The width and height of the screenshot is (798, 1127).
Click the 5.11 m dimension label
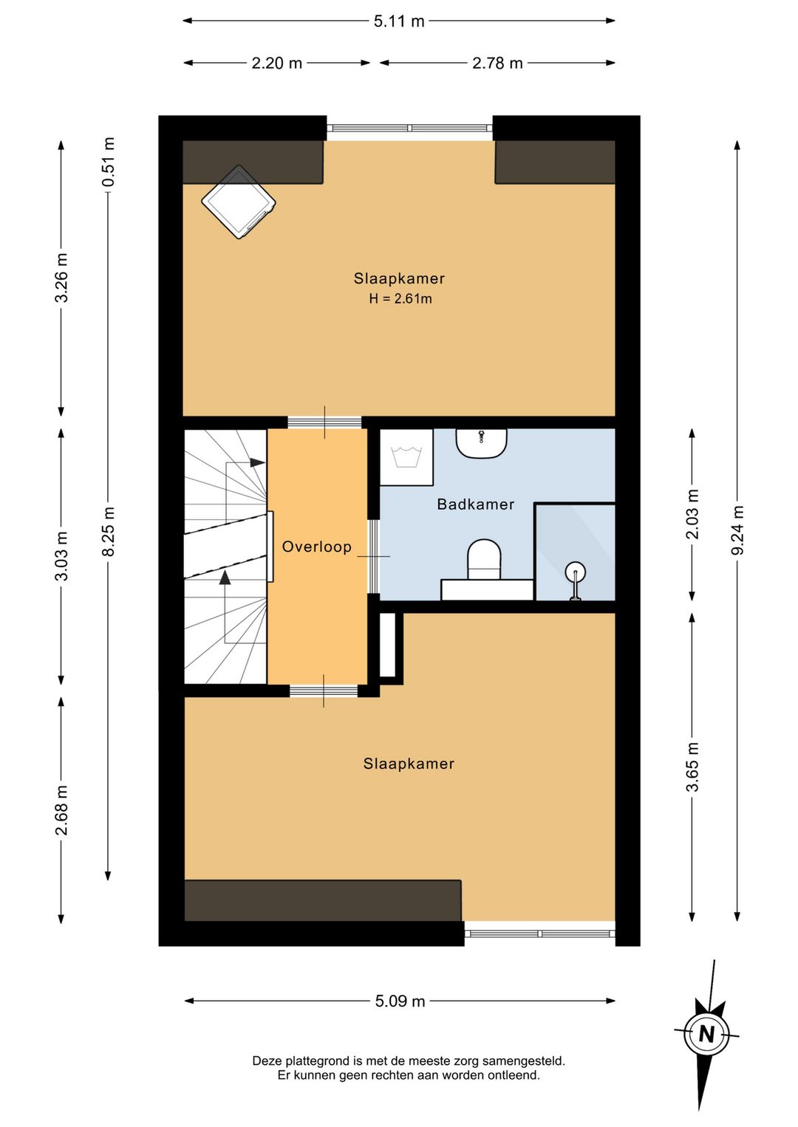(x=399, y=21)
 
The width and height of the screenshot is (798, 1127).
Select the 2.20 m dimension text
(x=276, y=64)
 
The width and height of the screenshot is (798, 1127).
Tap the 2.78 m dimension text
(x=497, y=64)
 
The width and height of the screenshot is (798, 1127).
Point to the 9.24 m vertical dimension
(x=737, y=530)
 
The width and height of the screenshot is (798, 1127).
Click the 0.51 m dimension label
(x=109, y=162)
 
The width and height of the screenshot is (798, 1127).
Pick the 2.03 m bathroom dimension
(x=693, y=514)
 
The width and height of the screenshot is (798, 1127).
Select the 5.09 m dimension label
(x=400, y=1001)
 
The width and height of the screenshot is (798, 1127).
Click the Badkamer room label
(x=475, y=504)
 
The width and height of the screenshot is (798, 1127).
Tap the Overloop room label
(x=317, y=547)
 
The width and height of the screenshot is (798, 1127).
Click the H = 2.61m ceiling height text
(x=400, y=299)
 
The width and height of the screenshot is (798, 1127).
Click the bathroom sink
(x=481, y=443)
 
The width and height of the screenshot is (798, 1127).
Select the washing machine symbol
(x=406, y=457)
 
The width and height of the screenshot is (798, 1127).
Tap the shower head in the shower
(x=575, y=572)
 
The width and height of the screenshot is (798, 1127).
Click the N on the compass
(x=706, y=1034)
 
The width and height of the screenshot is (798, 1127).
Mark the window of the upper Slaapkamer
(x=410, y=129)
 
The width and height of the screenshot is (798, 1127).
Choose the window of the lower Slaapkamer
(x=539, y=934)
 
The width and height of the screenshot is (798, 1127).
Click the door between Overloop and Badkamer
(x=373, y=557)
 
